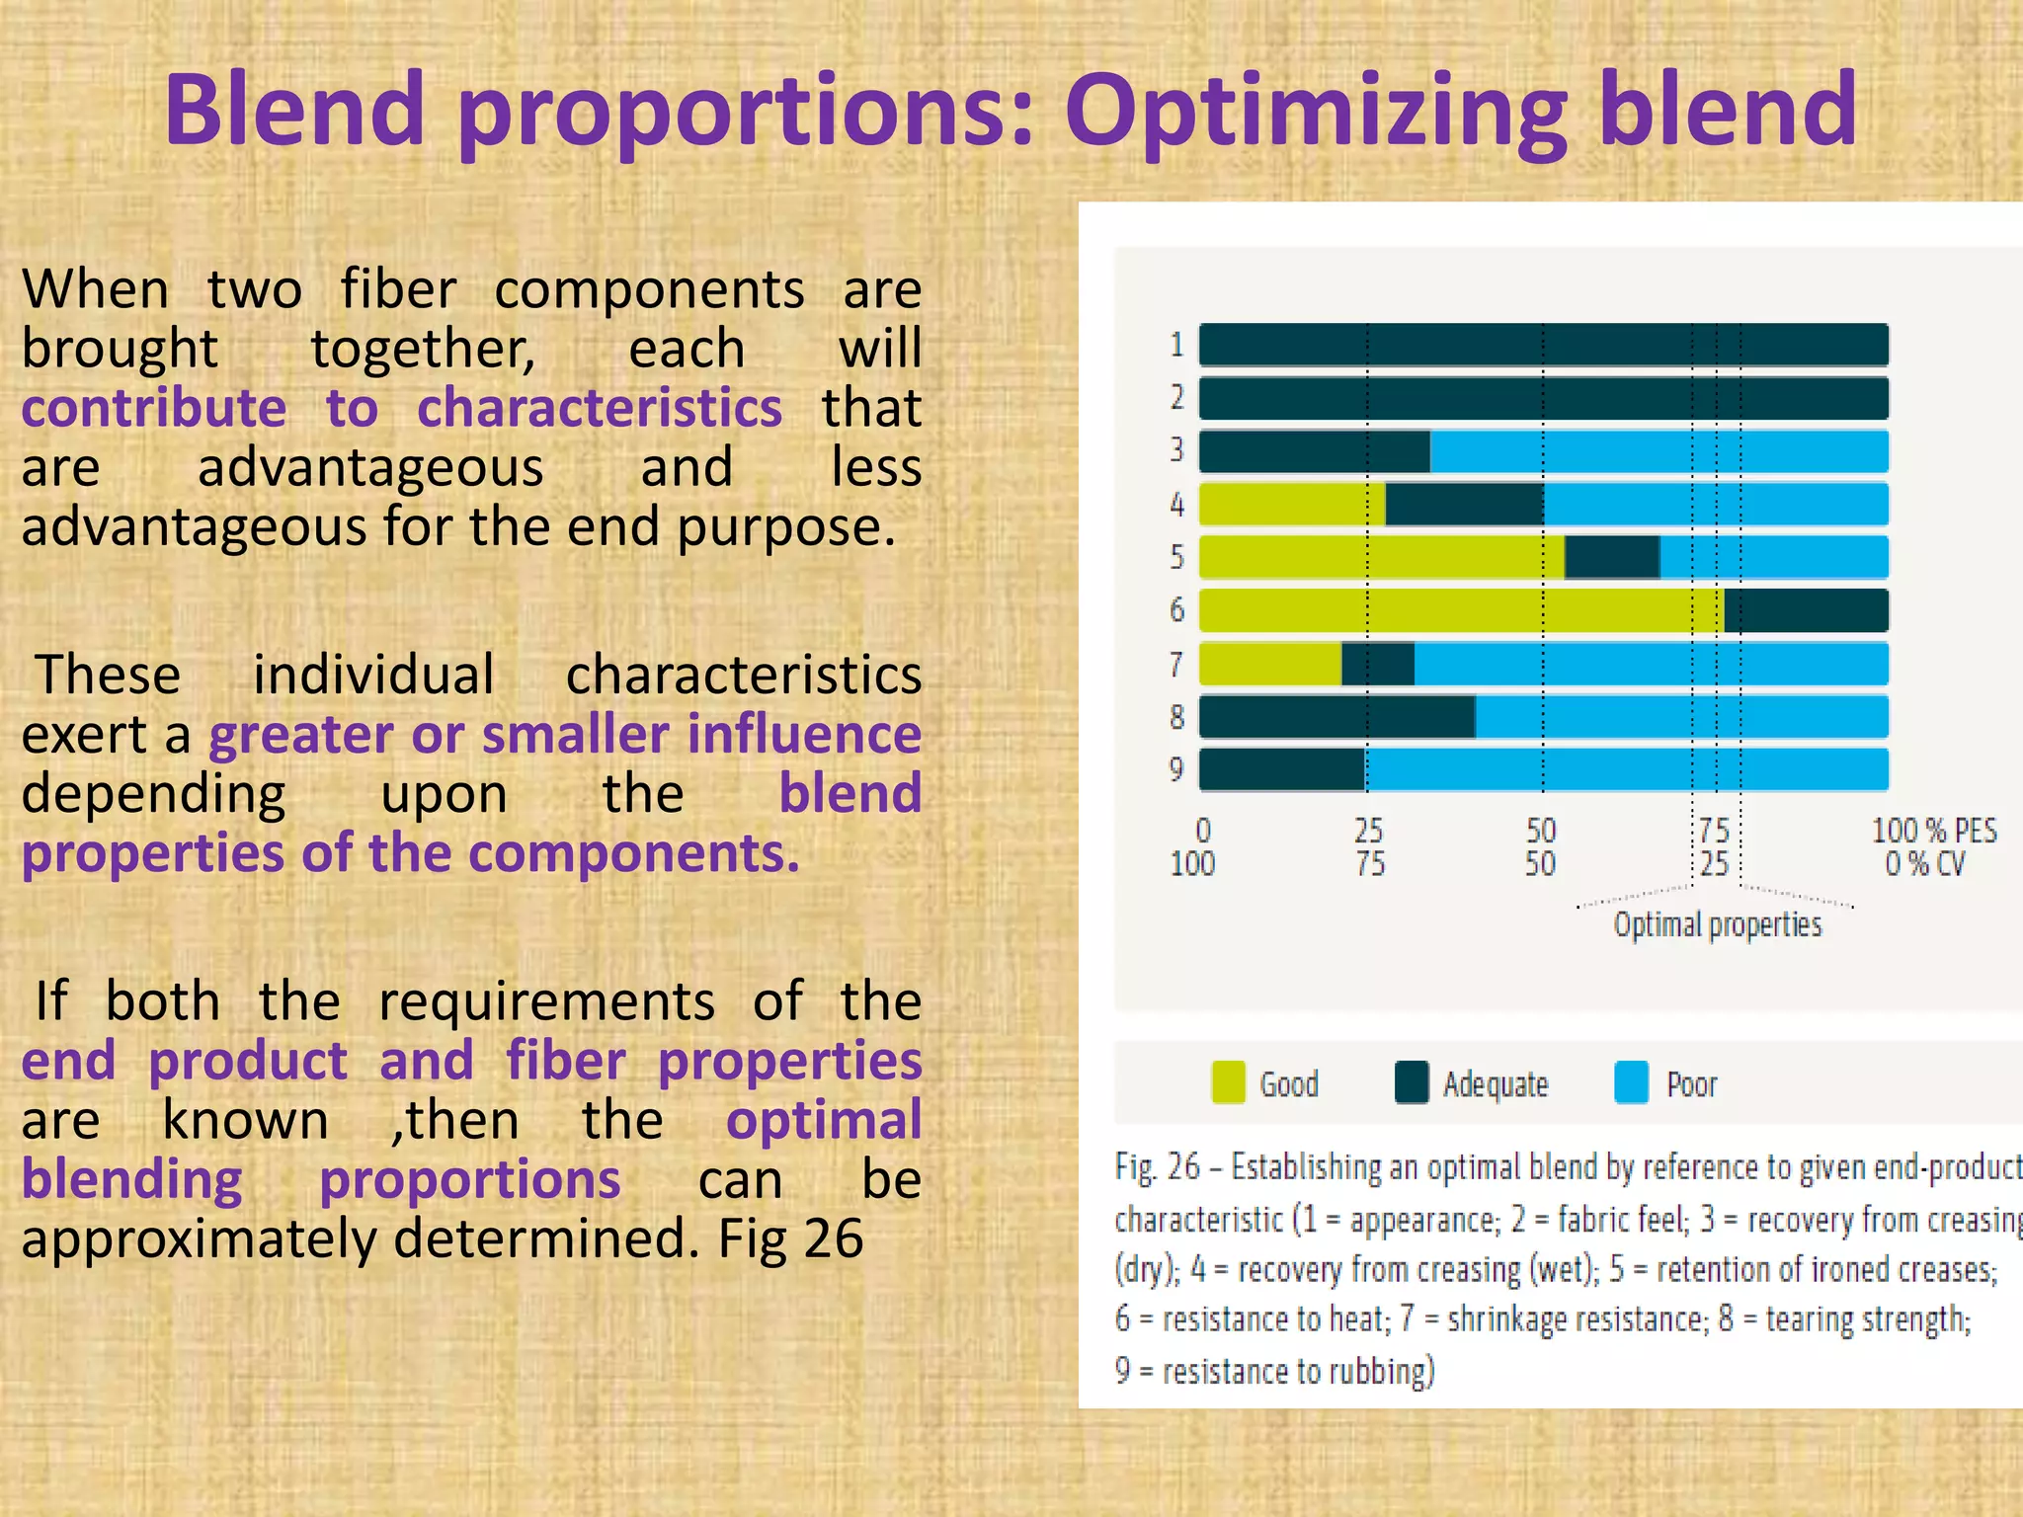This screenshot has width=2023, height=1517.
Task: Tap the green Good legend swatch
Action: click(x=1228, y=1082)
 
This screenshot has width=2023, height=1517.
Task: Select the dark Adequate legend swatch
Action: click(x=1412, y=1082)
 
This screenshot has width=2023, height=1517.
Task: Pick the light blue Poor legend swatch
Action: click(x=1631, y=1082)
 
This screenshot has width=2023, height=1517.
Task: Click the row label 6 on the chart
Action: click(x=1176, y=609)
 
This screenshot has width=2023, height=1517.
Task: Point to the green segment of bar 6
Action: click(x=1460, y=610)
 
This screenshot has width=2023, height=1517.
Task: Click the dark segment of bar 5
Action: click(x=1612, y=557)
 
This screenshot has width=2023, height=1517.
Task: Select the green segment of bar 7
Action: click(x=1270, y=664)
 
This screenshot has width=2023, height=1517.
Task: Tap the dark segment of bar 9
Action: click(x=1282, y=769)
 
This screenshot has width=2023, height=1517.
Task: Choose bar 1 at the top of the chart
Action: click(x=1543, y=345)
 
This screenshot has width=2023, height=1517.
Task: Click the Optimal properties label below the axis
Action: click(x=1717, y=925)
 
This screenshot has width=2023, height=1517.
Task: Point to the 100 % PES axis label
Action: click(x=1933, y=831)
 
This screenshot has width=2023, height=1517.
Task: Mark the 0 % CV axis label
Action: click(x=1924, y=864)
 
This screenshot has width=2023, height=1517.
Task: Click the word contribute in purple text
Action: click(x=154, y=408)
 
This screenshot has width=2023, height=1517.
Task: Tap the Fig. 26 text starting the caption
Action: click(x=1157, y=1167)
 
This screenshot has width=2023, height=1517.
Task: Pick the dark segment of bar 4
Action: click(x=1464, y=504)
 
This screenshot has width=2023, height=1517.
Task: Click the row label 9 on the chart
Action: click(x=1175, y=768)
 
